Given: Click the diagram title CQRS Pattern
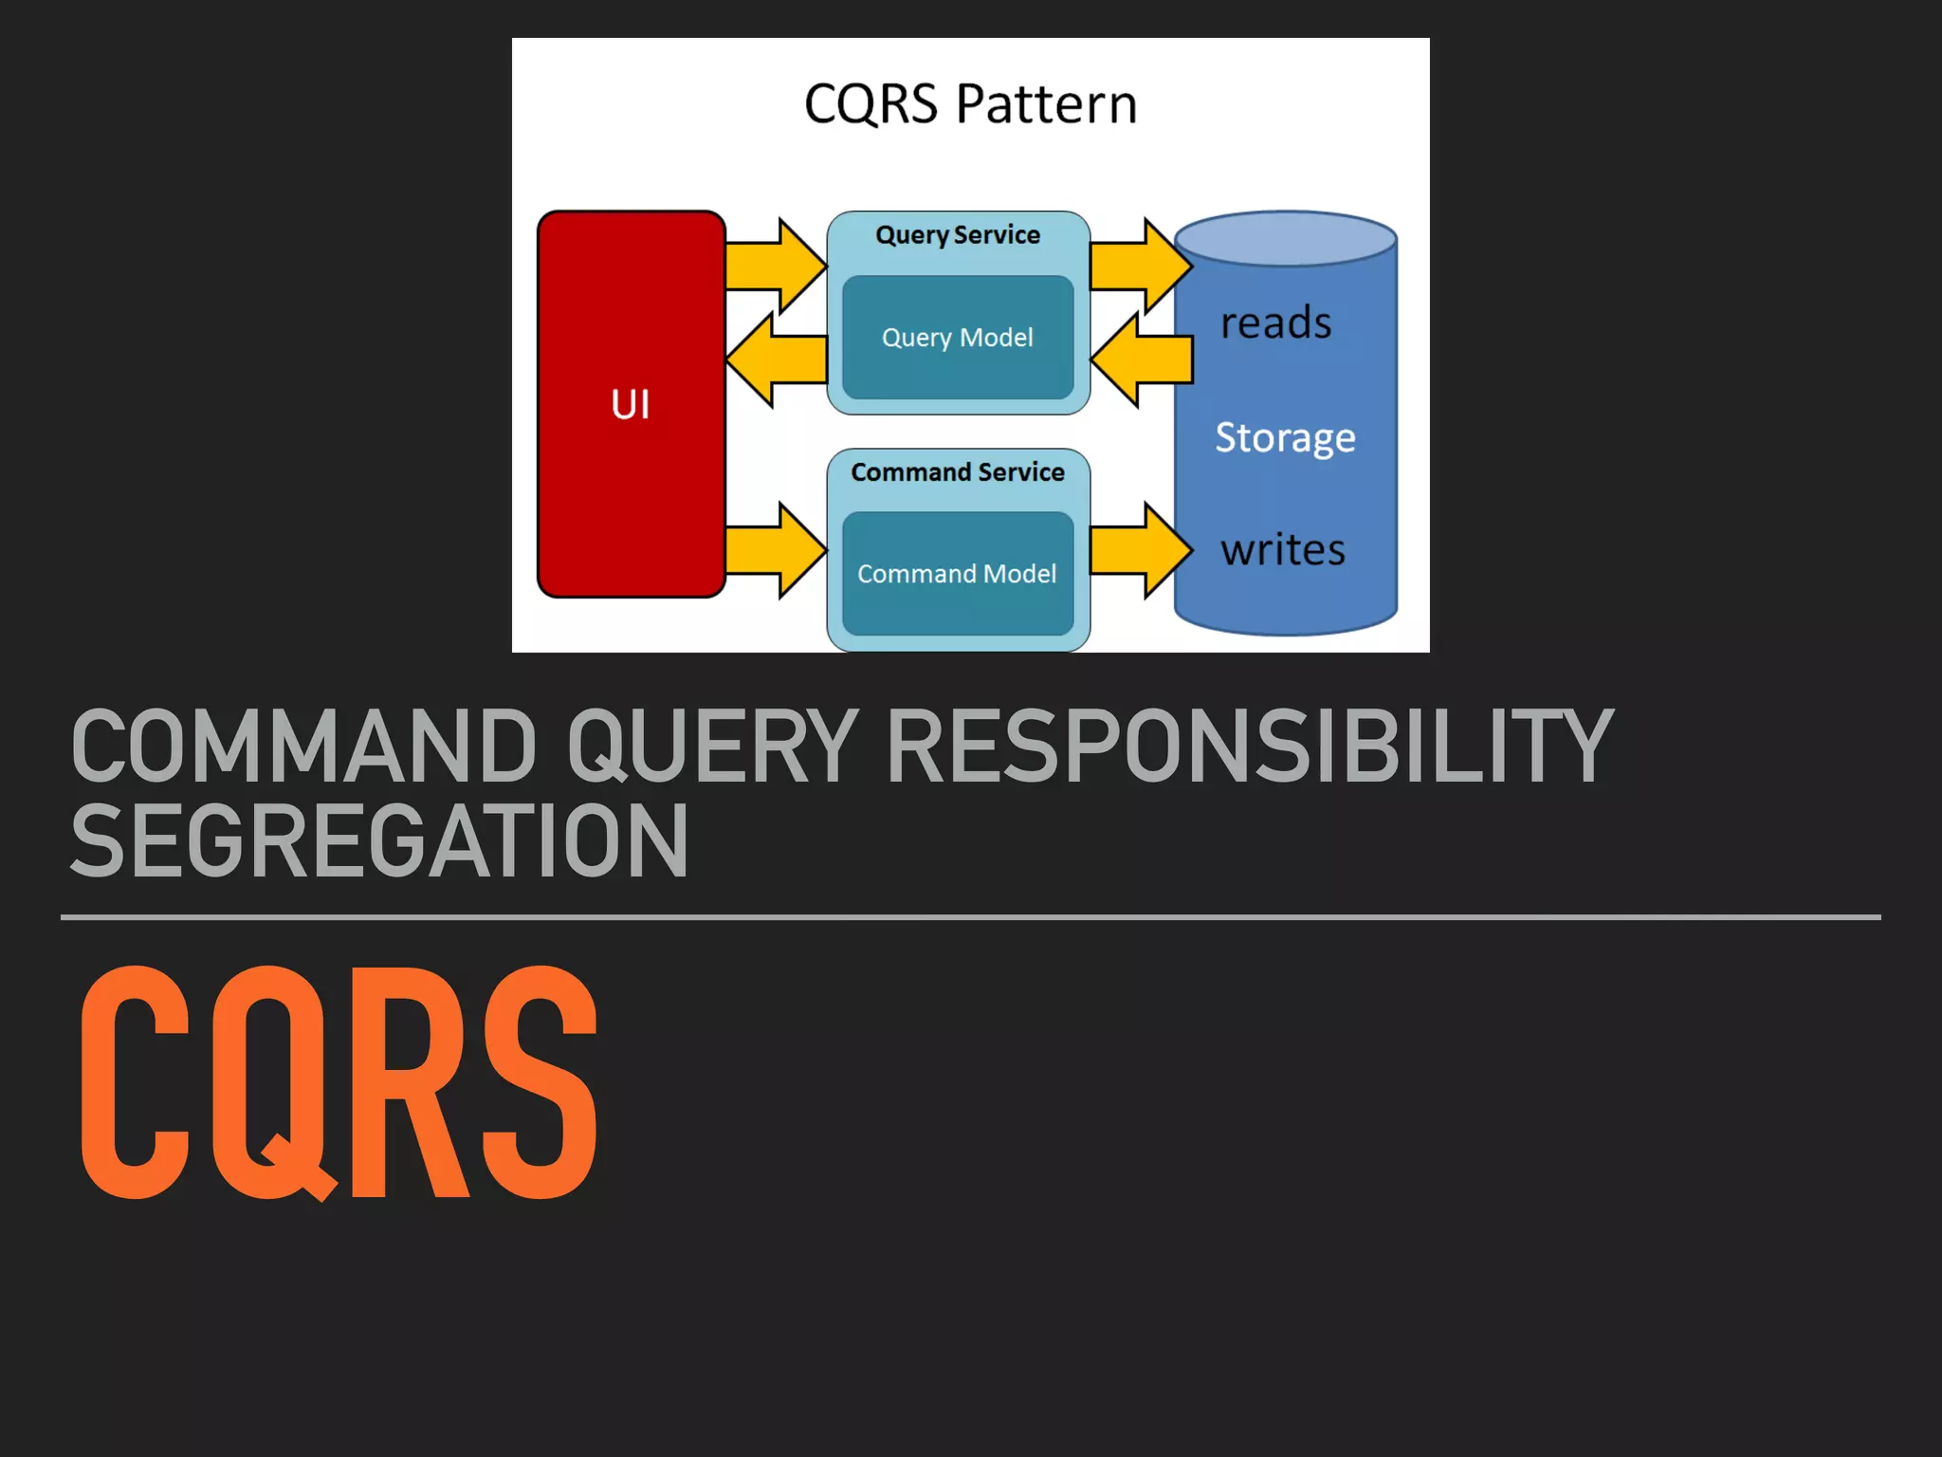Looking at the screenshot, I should point(970,103).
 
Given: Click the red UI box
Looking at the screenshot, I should point(631,404).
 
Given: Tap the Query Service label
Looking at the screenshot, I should point(958,235).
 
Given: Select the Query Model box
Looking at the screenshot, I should point(958,338).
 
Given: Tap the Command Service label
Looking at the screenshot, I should point(958,472).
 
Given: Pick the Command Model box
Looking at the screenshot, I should point(958,574).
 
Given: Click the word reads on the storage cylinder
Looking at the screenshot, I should point(1275,323).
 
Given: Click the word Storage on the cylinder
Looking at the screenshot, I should point(1285,437).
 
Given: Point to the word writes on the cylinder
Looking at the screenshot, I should point(1282,550).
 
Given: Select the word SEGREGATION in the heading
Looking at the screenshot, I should point(379,842).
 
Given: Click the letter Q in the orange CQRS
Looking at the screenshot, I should point(270,1081).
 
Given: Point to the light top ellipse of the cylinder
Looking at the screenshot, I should point(1285,237).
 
